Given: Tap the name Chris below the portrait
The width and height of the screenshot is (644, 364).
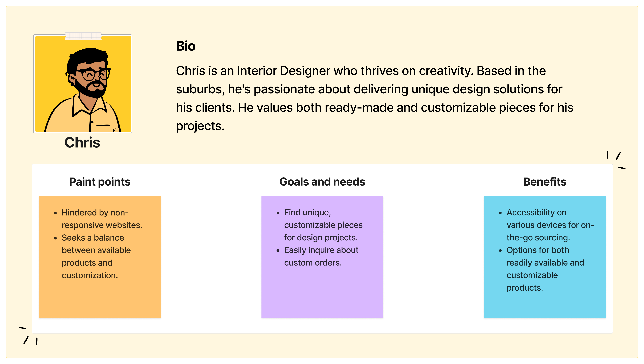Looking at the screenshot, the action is [x=82, y=143].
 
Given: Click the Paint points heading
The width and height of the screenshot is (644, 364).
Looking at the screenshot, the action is [x=100, y=182].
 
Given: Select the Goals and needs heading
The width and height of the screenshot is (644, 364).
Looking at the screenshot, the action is [x=322, y=182].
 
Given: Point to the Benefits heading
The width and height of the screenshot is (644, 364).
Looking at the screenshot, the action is [x=545, y=182].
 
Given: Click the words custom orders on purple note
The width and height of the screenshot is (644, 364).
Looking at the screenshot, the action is [x=313, y=263].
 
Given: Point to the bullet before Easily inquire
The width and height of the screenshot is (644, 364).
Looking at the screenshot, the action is [x=278, y=250].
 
